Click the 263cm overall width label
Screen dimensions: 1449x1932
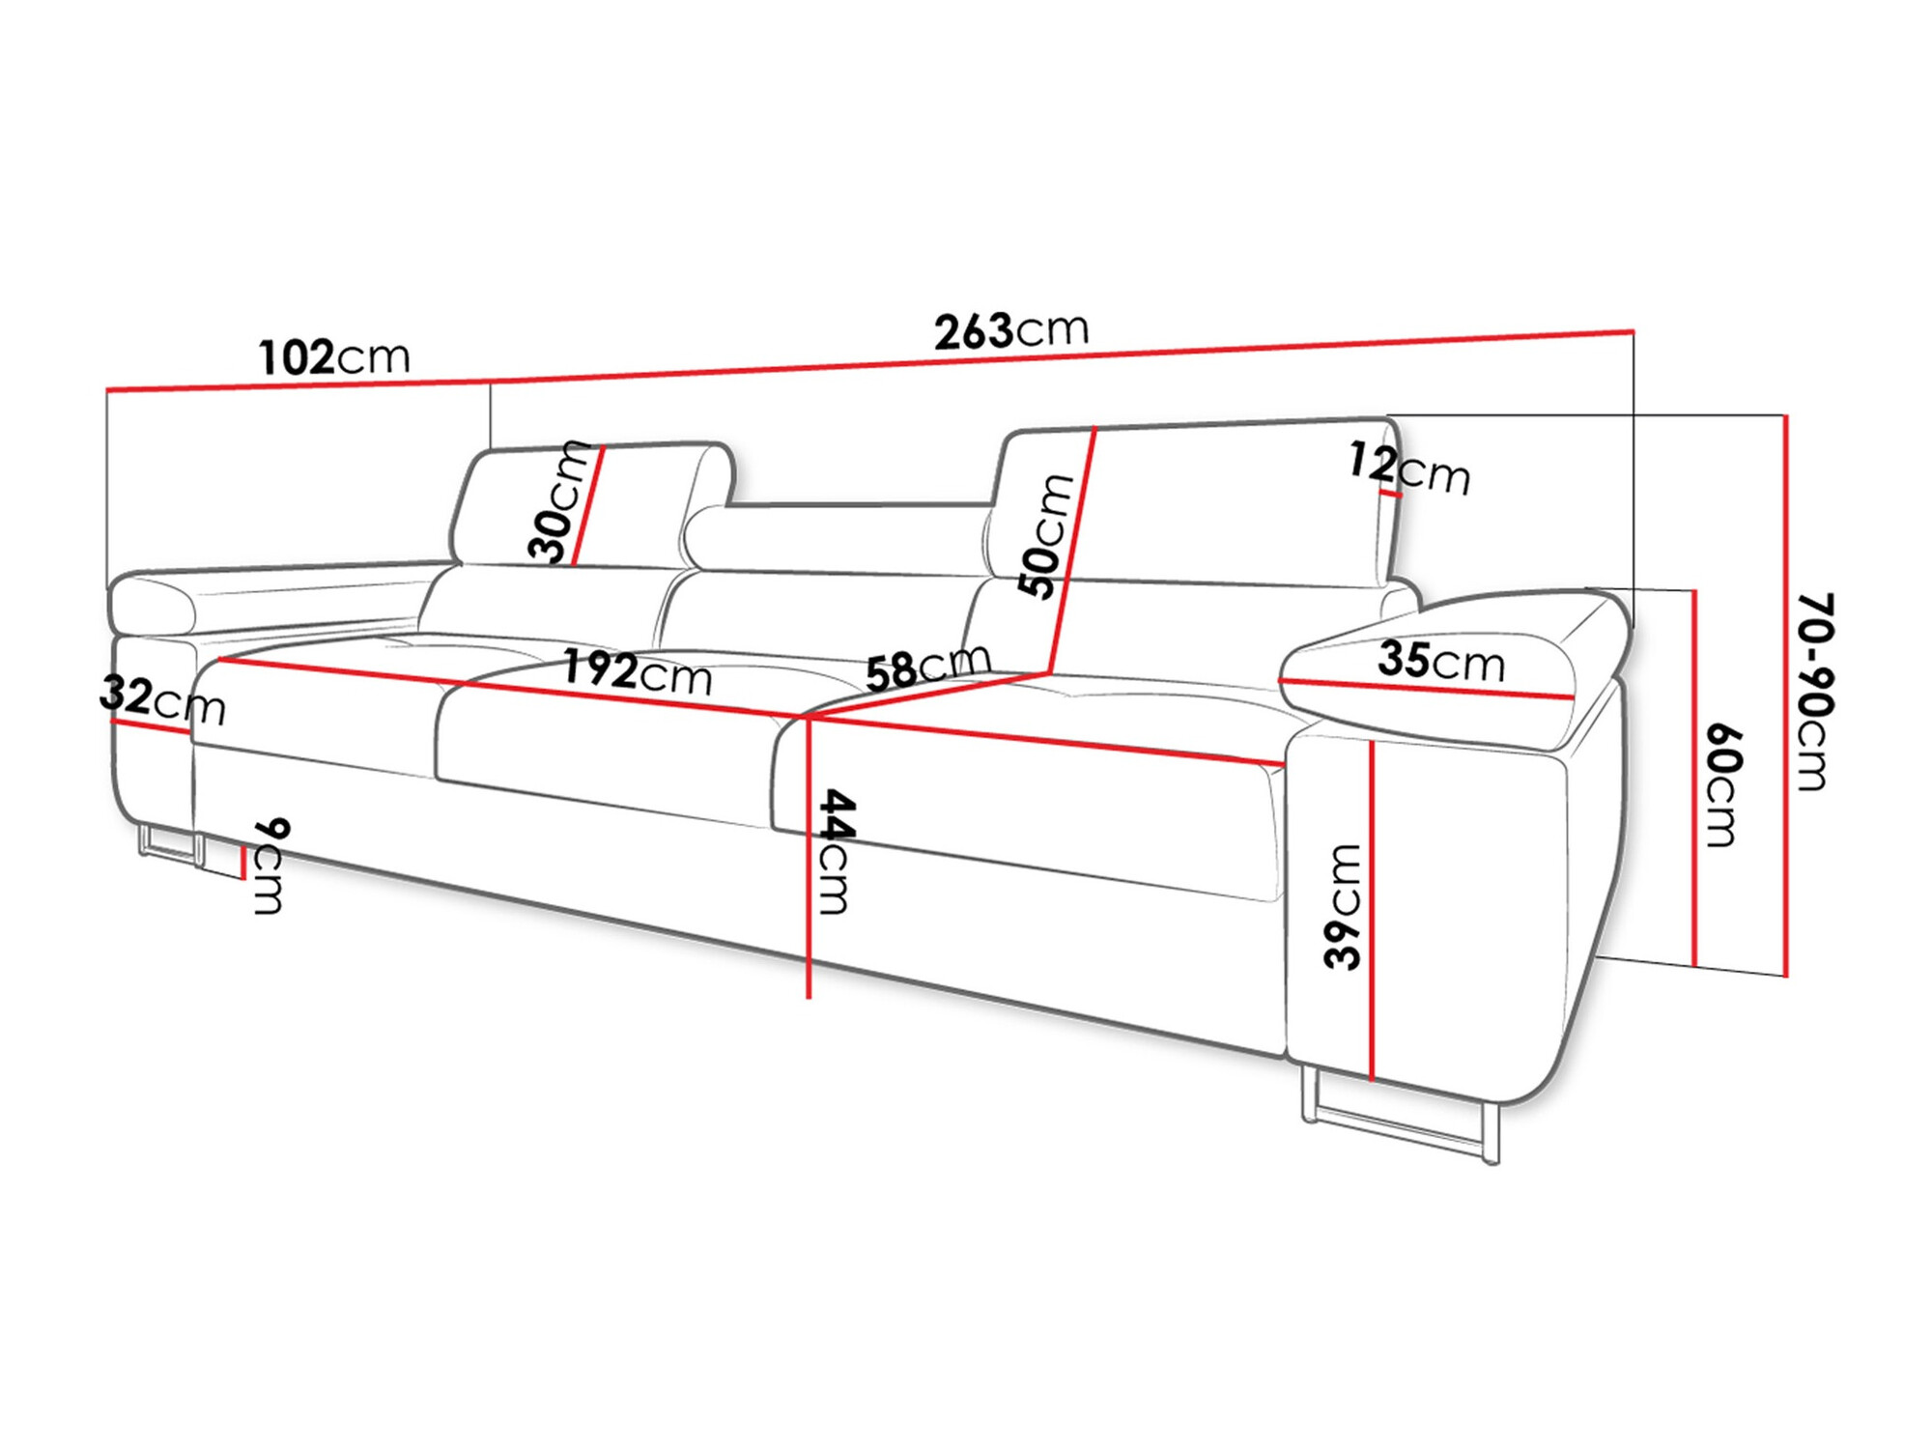coord(1010,330)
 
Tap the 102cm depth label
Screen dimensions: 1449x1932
coord(334,357)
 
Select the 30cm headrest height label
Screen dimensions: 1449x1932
coord(558,502)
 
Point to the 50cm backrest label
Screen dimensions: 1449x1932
coord(1045,536)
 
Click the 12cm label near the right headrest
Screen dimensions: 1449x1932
coord(1409,469)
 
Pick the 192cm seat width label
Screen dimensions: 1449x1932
coord(637,671)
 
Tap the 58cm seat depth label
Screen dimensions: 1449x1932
coord(927,667)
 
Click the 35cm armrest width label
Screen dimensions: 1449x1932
coord(1440,661)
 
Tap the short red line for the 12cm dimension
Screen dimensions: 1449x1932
coord(1391,493)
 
